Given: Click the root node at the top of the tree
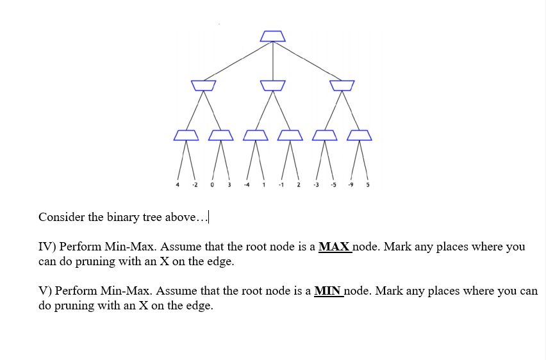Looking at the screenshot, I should (x=272, y=36).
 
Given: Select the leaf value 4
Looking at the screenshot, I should (x=178, y=186).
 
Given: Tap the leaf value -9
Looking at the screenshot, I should (x=351, y=186).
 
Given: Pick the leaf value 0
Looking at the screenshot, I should (x=211, y=186).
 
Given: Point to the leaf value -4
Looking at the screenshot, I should (x=246, y=186).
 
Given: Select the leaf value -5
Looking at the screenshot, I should (x=333, y=186).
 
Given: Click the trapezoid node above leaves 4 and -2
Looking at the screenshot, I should (x=186, y=135).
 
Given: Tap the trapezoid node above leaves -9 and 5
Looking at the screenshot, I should (x=359, y=135).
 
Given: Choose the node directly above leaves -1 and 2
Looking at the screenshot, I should (x=290, y=135).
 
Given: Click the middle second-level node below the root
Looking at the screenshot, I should (x=272, y=85).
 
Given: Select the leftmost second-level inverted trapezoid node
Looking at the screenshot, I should (x=203, y=85).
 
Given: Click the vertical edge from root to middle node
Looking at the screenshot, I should (x=273, y=61).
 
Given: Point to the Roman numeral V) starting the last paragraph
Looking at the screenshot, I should (x=45, y=291).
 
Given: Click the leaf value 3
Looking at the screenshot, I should (x=228, y=186).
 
